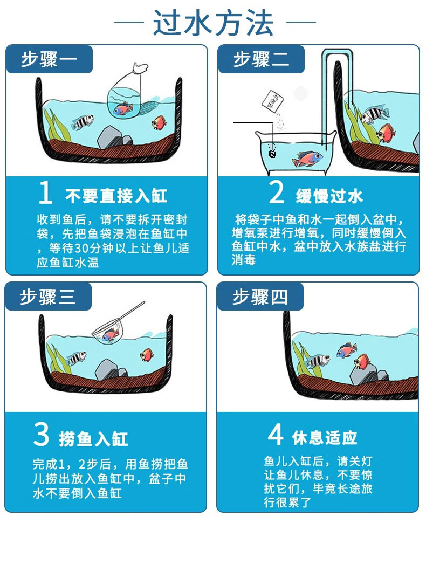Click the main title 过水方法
214,23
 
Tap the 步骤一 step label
49,59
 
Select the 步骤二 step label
261,59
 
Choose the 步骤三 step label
48,297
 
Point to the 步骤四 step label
260,297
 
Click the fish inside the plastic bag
122,108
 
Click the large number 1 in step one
45,194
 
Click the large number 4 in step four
276,435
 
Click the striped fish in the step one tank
82,122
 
